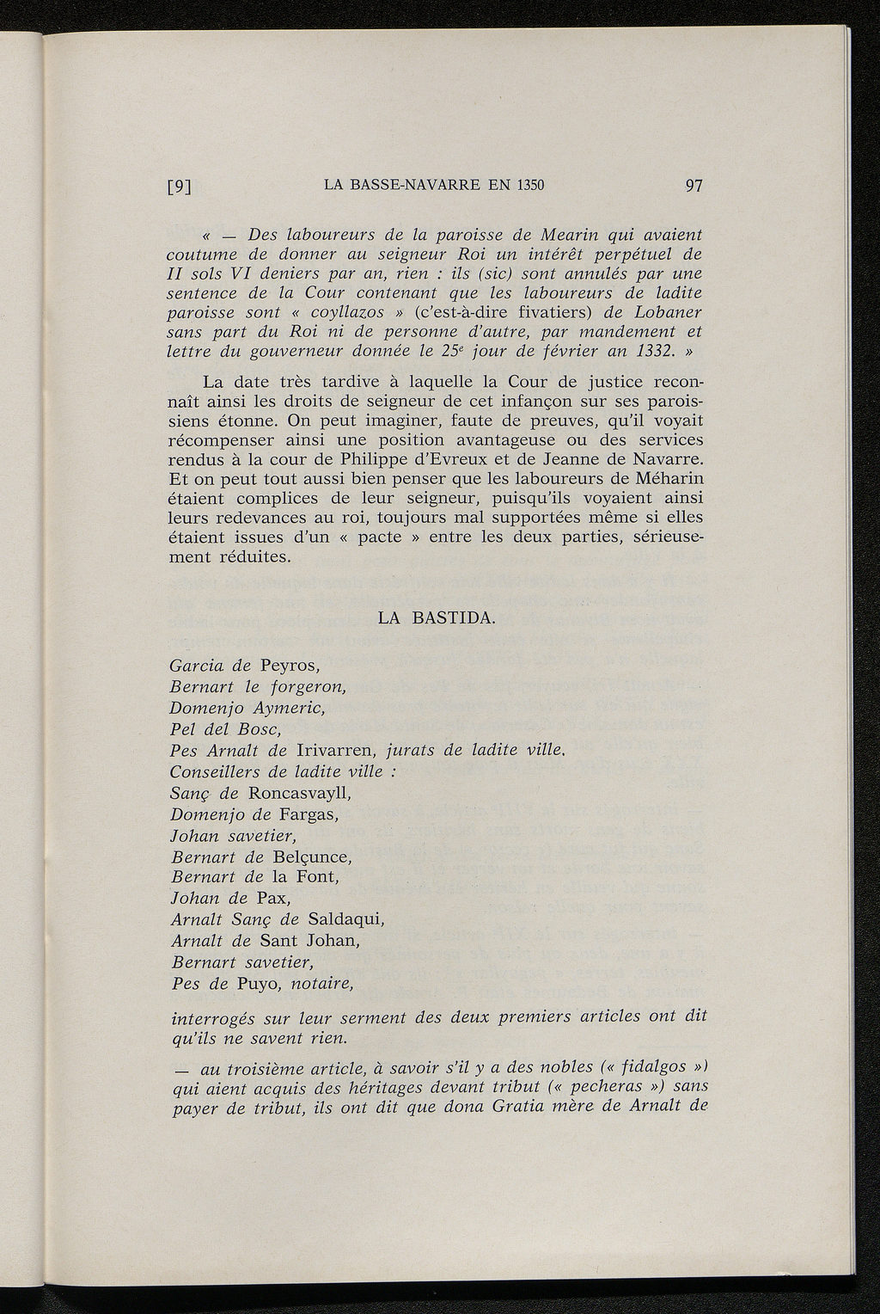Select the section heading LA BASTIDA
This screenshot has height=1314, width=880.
click(x=437, y=618)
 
